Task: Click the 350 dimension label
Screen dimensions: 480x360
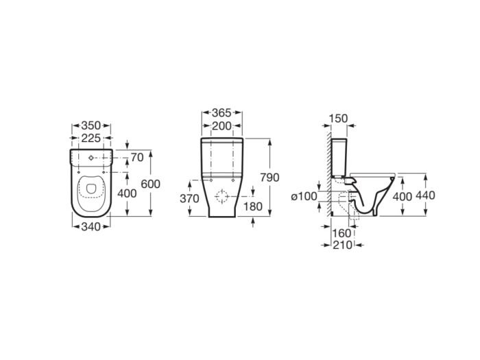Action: point(91,125)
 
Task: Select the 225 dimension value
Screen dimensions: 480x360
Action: point(91,139)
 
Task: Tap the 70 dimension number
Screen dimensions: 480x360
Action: point(137,158)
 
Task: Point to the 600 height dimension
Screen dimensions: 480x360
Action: point(151,184)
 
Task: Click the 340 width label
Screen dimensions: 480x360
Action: point(91,227)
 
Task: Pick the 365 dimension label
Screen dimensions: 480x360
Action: point(221,113)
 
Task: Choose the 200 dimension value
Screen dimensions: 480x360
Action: point(221,125)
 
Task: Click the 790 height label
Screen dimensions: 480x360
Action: point(269,178)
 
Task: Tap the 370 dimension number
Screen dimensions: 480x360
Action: point(189,199)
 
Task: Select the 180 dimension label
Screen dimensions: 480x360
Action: point(253,206)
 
